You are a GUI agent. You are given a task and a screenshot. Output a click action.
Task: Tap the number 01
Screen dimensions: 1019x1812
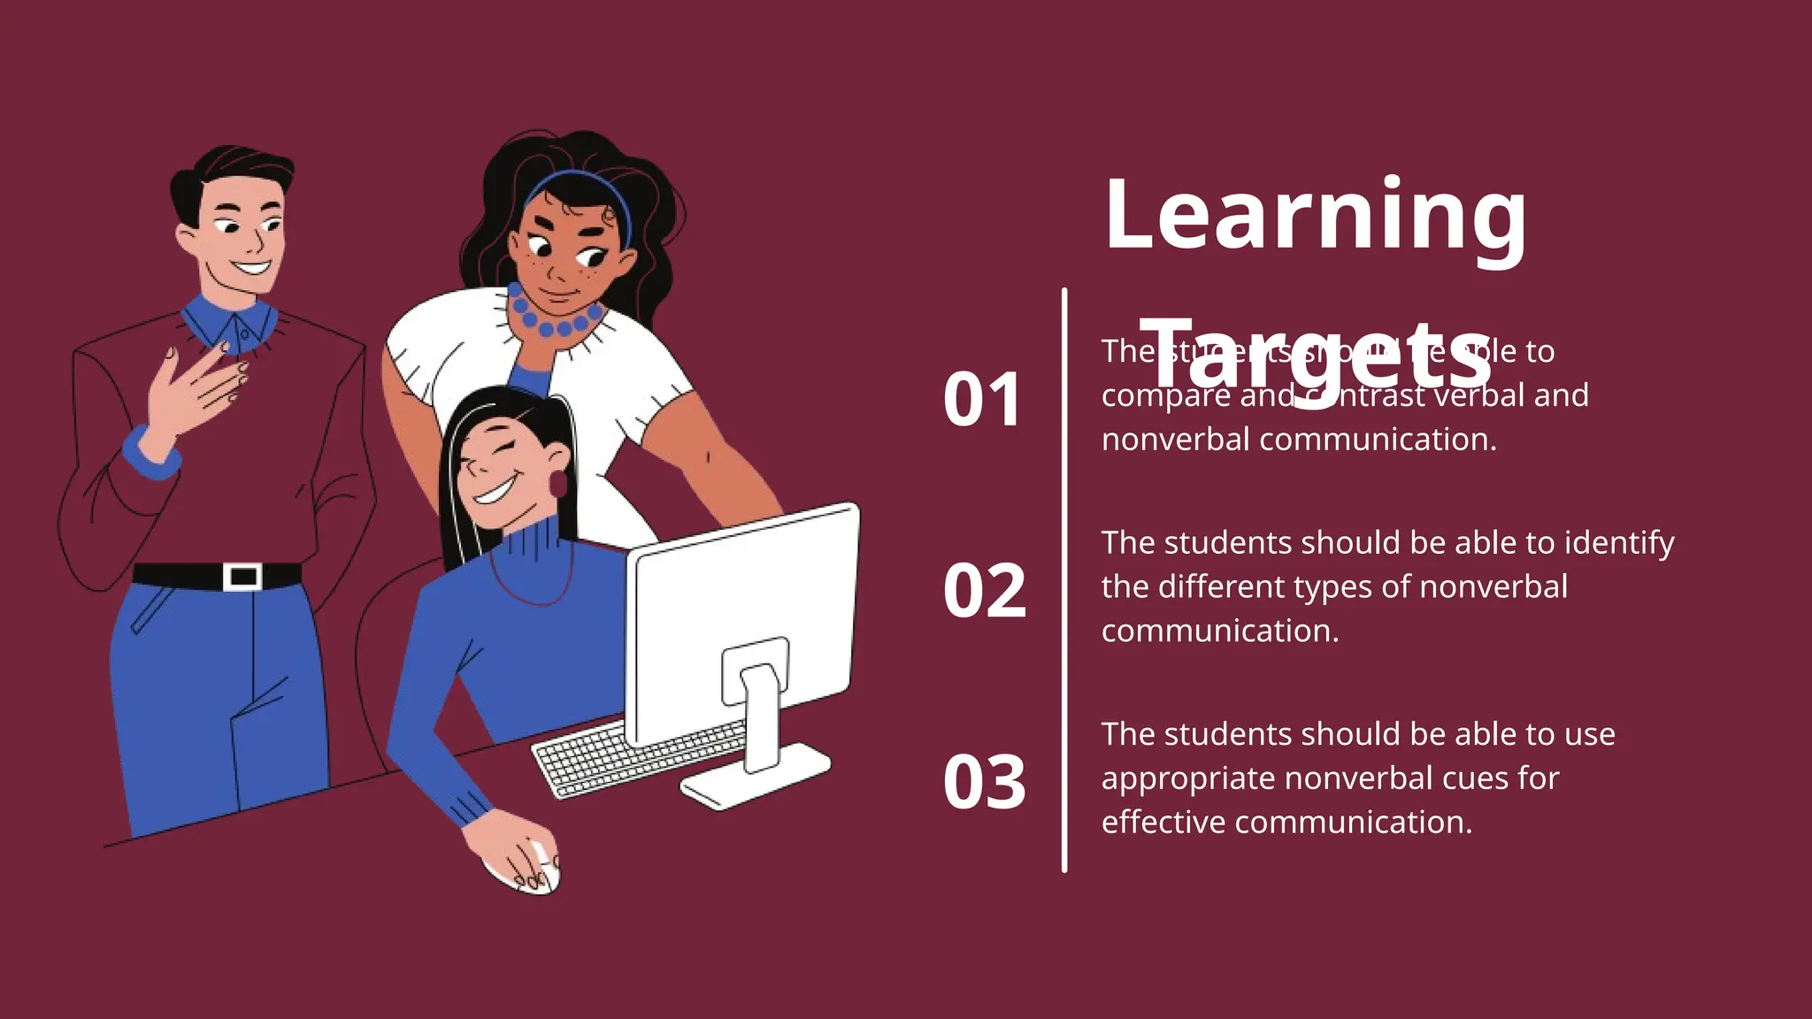click(x=983, y=400)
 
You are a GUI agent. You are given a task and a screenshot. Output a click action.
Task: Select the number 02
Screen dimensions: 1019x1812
click(x=985, y=591)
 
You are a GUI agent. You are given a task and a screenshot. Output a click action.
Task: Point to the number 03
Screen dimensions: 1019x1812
click(x=985, y=783)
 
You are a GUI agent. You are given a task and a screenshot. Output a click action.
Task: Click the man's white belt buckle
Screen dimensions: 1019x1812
click(x=242, y=577)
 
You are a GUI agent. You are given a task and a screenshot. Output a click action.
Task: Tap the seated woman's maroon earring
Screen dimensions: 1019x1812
click(x=558, y=484)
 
